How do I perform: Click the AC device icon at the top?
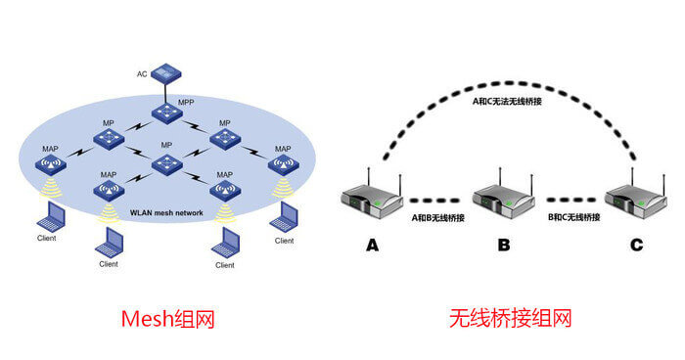166,72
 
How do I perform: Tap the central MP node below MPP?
166,162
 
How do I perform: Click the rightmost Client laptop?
285,216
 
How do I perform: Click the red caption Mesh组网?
167,318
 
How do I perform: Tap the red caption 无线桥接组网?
510,318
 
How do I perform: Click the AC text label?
141,74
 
